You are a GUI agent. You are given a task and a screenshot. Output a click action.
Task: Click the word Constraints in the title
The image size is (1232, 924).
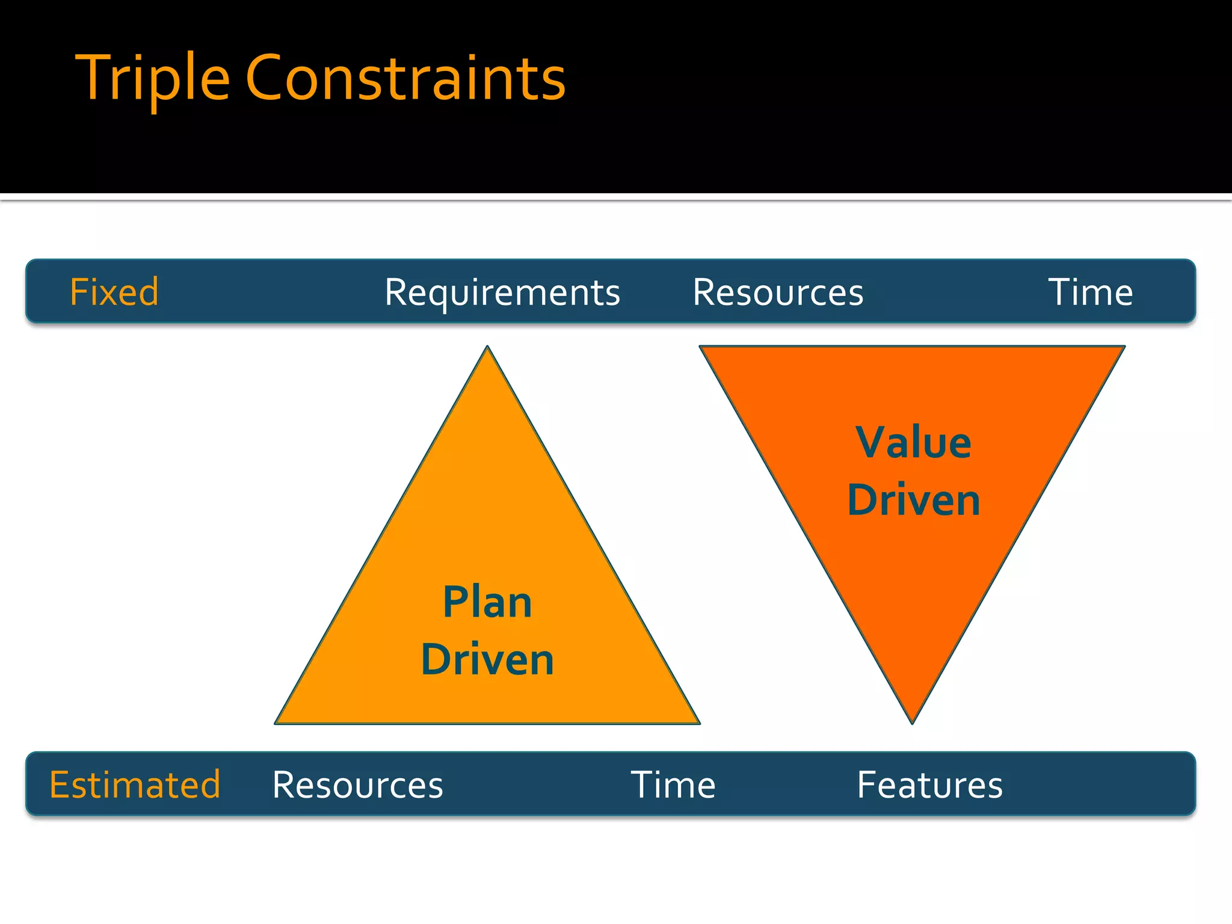click(x=405, y=78)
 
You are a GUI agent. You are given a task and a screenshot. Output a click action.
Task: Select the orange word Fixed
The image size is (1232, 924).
click(x=114, y=292)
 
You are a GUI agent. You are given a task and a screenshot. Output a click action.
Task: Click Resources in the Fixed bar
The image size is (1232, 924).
click(x=777, y=293)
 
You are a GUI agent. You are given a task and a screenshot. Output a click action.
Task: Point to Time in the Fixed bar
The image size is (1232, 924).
click(x=1090, y=293)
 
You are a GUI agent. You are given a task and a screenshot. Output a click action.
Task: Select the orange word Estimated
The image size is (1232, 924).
click(x=135, y=785)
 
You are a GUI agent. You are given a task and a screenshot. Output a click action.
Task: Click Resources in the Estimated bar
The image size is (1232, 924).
click(x=357, y=785)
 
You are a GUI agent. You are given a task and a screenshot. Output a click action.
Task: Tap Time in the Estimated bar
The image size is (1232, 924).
click(x=673, y=785)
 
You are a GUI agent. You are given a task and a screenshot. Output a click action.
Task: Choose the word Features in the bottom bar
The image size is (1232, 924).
click(x=929, y=785)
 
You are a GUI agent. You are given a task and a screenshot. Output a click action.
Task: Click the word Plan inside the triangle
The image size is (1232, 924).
click(x=487, y=603)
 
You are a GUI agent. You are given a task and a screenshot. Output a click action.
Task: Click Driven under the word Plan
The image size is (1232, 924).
click(x=487, y=659)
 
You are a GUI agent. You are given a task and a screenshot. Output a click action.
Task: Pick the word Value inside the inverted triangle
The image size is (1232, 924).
click(x=913, y=443)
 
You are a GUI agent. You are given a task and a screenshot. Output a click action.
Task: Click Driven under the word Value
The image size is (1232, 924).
click(x=913, y=500)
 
